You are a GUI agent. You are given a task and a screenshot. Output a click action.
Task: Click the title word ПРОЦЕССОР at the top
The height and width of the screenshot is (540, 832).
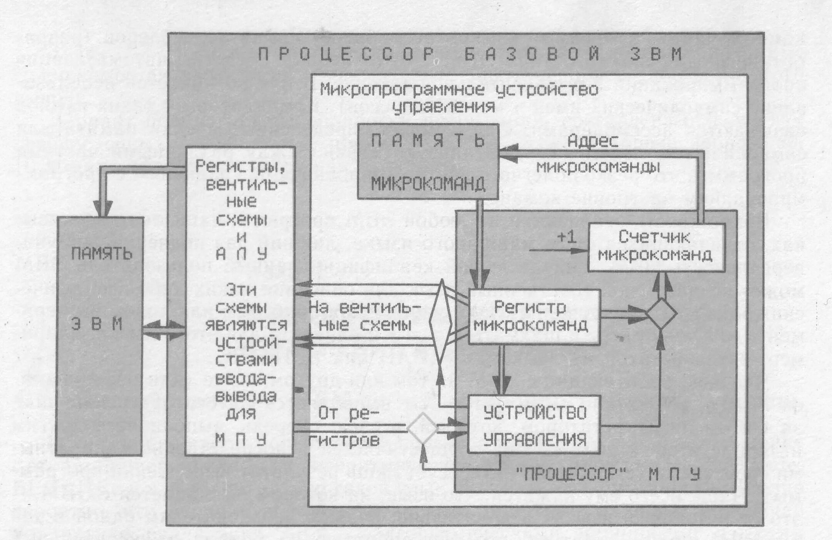pyautogui.click(x=347, y=55)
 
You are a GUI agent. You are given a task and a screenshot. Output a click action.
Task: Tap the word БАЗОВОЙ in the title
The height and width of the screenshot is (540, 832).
pyautogui.click(x=532, y=54)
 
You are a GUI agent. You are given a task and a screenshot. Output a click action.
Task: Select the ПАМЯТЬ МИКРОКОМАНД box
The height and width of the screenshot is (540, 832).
pyautogui.click(x=428, y=161)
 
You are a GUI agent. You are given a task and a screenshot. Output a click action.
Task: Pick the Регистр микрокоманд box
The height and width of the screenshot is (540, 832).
pyautogui.click(x=533, y=317)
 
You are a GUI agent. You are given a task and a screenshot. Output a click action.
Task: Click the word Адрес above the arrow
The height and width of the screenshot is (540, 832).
pyautogui.click(x=593, y=141)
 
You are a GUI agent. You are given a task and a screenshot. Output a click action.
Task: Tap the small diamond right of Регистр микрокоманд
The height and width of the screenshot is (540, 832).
pyautogui.click(x=661, y=314)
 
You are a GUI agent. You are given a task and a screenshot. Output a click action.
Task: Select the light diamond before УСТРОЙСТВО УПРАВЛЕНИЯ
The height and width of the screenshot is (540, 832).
pyautogui.click(x=422, y=428)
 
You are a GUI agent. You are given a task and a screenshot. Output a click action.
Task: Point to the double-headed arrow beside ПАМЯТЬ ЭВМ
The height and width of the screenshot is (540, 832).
pyautogui.click(x=164, y=330)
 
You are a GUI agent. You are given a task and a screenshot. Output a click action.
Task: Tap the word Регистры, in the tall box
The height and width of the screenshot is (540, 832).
pyautogui.click(x=240, y=166)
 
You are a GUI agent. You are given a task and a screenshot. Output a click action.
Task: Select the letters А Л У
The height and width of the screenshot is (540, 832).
pyautogui.click(x=241, y=254)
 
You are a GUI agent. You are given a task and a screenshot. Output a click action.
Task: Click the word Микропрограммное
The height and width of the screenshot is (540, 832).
pyautogui.click(x=402, y=90)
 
